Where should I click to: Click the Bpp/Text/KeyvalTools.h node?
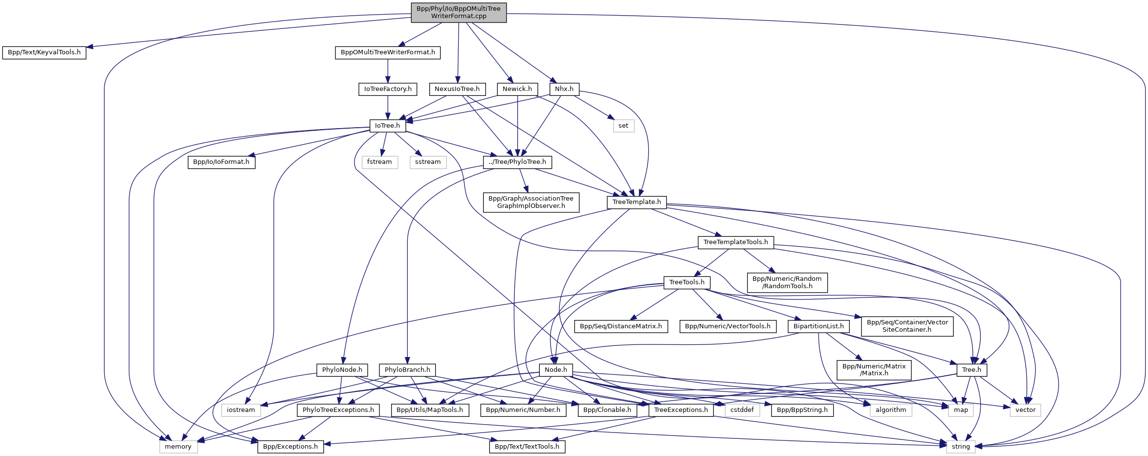pos(44,52)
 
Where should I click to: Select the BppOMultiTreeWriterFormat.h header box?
pos(388,52)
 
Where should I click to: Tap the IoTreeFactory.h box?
pos(388,89)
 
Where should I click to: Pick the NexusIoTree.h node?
pos(457,89)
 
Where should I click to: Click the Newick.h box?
pos(517,89)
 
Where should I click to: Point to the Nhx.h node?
pos(564,89)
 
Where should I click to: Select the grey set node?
pos(623,126)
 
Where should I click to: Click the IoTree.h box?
pos(387,126)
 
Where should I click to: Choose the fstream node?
pos(379,162)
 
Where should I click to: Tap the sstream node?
pos(428,162)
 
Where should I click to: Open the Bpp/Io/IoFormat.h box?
pos(221,162)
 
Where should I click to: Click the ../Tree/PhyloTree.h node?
pos(517,162)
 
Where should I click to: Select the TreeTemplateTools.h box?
pos(735,242)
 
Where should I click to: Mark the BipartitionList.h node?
pos(818,326)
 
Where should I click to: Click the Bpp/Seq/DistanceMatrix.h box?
pos(621,326)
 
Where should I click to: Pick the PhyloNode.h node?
pos(342,370)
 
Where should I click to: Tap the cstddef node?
pos(742,410)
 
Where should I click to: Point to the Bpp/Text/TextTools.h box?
pos(527,447)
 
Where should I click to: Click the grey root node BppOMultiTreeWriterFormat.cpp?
pos(459,12)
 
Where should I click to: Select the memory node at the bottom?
pos(178,447)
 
